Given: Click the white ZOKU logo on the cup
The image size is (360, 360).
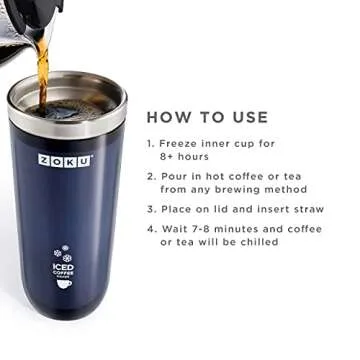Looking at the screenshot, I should pos(65,160).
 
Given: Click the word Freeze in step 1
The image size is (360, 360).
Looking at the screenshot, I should pos(181,143).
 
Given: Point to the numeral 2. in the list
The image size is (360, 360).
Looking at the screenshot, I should pos(151,176).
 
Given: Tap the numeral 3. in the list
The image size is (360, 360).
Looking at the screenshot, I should pos(151,210).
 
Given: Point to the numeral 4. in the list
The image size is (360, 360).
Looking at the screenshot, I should pos(151,229).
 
